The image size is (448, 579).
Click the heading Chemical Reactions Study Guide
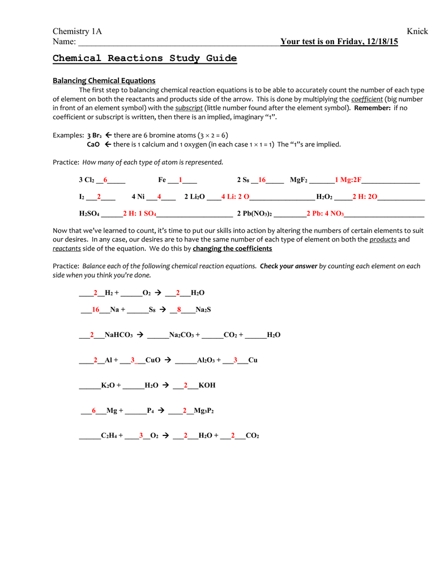pos(144,58)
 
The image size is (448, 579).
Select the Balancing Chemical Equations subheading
pos(104,81)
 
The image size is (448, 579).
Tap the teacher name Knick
pos(417,31)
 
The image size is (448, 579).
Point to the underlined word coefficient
pos(366,99)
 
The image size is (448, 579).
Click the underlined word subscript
pos(189,108)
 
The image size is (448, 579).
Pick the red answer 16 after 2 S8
pos(262,180)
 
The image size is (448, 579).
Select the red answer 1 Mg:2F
pos(348,180)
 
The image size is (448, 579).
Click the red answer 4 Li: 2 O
pos(235,197)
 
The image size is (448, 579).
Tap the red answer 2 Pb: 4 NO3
pos(325,214)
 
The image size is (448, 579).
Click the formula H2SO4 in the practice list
pos(89,214)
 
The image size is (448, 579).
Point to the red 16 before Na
pos(95,310)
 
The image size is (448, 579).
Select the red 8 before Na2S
pos(179,310)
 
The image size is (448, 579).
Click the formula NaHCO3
pos(118,335)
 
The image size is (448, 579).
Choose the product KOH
pos(207,385)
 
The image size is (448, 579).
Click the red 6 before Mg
pos(94,411)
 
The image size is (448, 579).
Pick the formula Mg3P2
pos(204,411)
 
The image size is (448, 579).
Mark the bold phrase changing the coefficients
pos(232,249)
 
